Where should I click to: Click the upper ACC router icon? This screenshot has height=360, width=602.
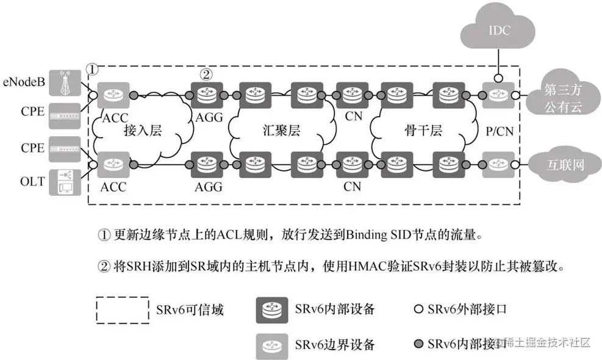pos(112,95)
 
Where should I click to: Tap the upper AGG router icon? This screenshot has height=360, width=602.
pos(207,95)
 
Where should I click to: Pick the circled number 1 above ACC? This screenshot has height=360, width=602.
pos(91,70)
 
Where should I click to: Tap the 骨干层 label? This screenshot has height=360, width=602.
pos(422,131)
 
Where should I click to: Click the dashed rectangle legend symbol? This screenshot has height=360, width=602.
pos(122,309)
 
